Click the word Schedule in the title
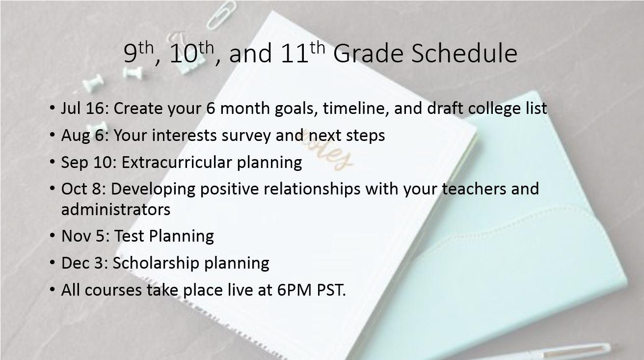point(464,53)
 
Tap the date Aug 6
point(83,135)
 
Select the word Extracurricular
point(177,162)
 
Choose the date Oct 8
point(81,189)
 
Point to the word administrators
point(115,210)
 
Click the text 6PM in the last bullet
point(295,290)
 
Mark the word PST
point(331,290)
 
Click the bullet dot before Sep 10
point(52,162)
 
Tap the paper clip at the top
point(222,14)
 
